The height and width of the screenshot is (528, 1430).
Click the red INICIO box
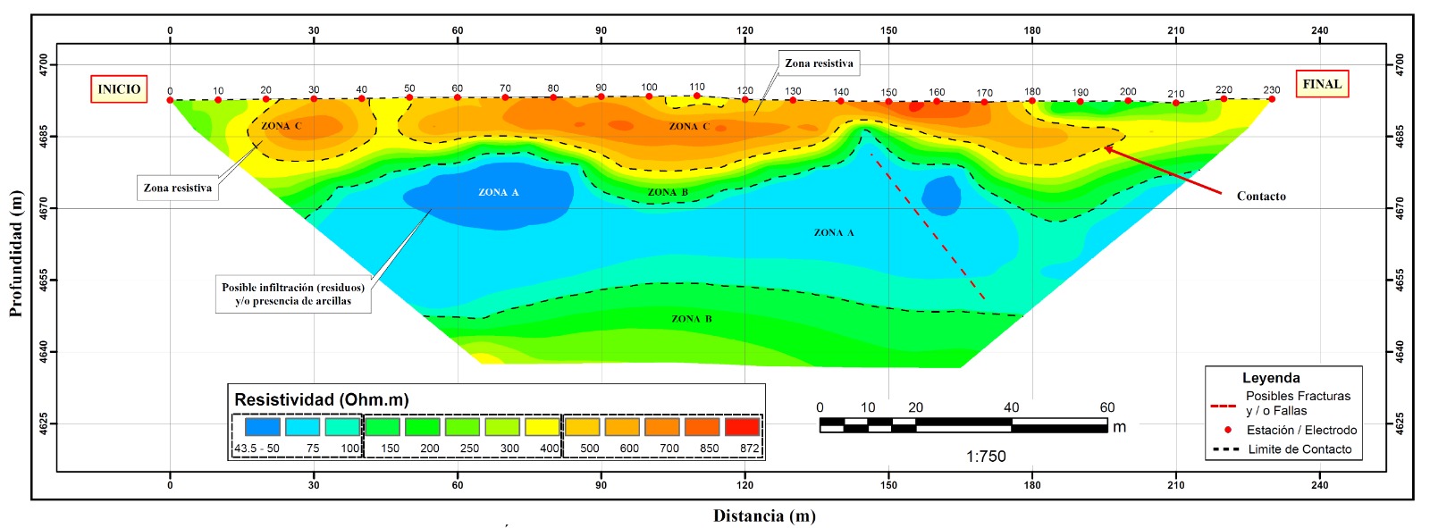pos(119,88)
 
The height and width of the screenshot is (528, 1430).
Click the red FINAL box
pos(1322,84)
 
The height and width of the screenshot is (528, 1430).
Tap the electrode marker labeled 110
pos(697,96)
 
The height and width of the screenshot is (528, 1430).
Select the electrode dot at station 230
pos(1272,99)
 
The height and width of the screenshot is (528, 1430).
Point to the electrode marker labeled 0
pos(170,99)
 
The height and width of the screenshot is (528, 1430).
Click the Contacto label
pos(1261,196)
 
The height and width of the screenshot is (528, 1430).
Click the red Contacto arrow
pos(1163,171)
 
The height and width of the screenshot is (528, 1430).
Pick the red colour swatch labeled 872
pos(742,426)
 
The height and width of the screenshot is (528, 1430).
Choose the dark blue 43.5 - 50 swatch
pos(263,426)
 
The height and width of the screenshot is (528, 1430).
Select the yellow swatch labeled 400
pos(542,426)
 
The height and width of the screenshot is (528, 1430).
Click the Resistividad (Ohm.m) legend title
pos(321,399)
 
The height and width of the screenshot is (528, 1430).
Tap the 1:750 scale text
pos(986,457)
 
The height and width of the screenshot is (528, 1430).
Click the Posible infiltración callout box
pos(293,294)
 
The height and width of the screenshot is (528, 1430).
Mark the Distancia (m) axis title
pos(764,515)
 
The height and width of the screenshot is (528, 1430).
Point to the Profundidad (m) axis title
pos(16,253)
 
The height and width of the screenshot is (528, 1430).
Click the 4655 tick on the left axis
pos(43,281)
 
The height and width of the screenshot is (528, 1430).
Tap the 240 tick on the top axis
pos(1319,30)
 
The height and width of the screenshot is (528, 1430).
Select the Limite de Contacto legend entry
pos(1282,448)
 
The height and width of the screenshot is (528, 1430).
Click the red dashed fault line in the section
pos(928,226)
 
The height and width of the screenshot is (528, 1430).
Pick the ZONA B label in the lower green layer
pos(692,319)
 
